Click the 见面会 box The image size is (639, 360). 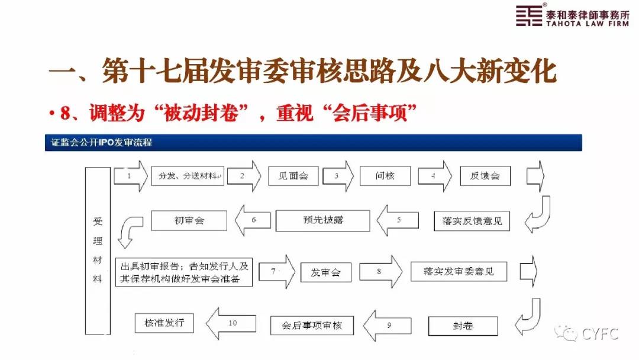(x=293, y=175)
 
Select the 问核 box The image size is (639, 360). (x=384, y=175)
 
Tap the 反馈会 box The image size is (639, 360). (x=485, y=176)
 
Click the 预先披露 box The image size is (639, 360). (x=322, y=220)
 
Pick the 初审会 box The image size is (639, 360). (x=189, y=220)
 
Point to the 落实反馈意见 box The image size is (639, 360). (x=472, y=221)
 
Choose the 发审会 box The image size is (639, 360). (x=325, y=272)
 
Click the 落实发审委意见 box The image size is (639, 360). (x=460, y=272)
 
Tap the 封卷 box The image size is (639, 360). (x=463, y=325)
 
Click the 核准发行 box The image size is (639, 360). (x=164, y=322)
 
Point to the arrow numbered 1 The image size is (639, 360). (x=130, y=176)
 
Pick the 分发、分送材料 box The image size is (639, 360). (x=188, y=176)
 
